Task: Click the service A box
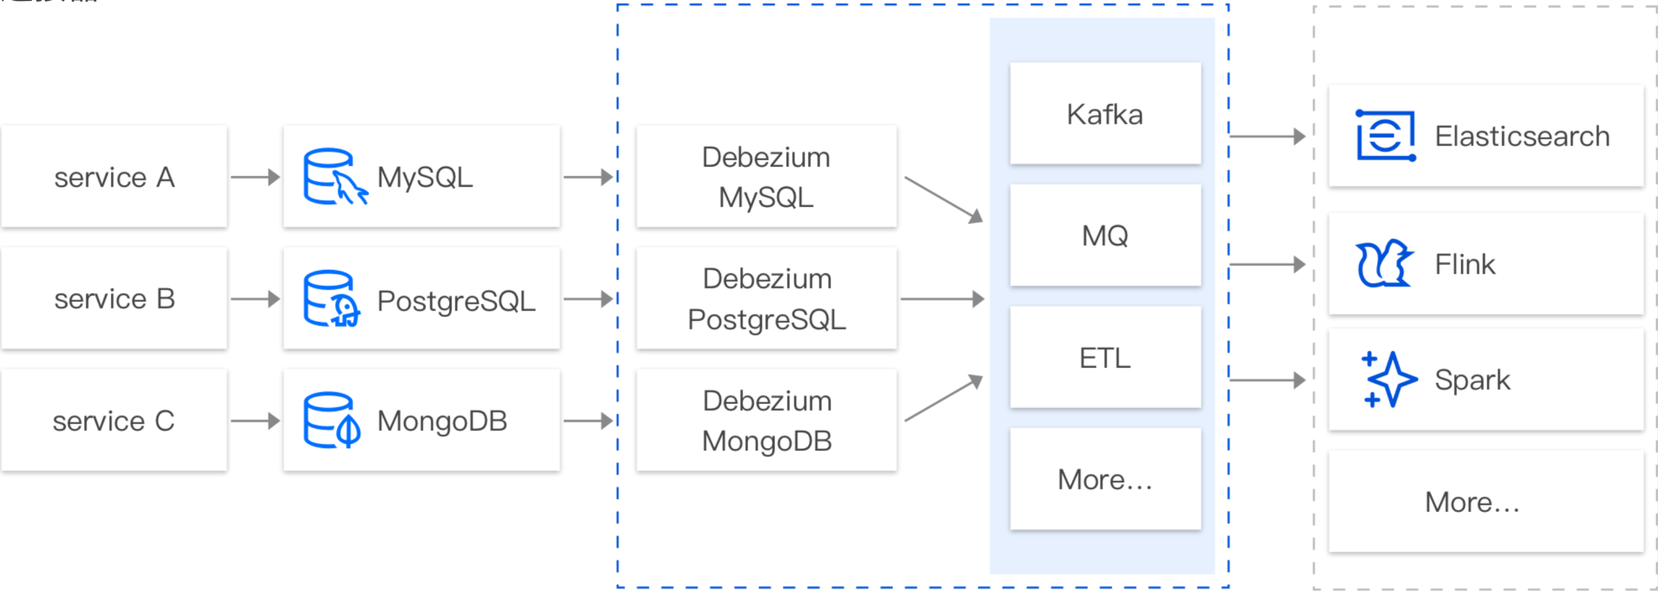[114, 176]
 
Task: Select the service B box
[114, 299]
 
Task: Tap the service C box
[114, 421]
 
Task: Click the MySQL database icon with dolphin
[334, 176]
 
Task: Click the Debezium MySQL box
[766, 176]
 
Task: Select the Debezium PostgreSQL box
[766, 299]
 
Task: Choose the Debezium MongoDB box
[766, 421]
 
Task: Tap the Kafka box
[1105, 114]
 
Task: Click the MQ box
[1105, 235]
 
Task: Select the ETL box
[1105, 357]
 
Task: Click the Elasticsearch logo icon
[1385, 136]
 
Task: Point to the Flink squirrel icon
[1384, 264]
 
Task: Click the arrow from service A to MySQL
[256, 176]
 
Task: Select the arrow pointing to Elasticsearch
[1267, 136]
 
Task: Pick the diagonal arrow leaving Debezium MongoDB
[944, 399]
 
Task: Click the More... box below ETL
[1105, 479]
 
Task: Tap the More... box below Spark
[1485, 502]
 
